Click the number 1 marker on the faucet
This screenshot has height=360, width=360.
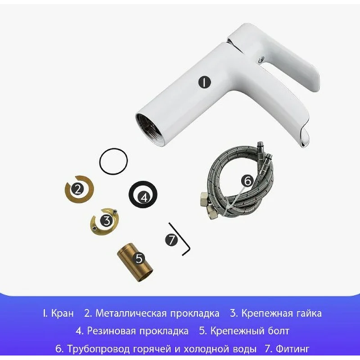[204, 82]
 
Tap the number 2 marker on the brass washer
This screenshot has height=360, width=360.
[78, 189]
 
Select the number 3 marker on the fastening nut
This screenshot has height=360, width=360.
[106, 220]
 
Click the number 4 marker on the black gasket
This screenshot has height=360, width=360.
[144, 197]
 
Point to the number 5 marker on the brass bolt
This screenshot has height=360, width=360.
[139, 258]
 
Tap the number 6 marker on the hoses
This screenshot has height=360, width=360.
[247, 181]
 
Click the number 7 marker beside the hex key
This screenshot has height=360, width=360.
[172, 240]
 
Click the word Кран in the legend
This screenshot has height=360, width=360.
[63, 313]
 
